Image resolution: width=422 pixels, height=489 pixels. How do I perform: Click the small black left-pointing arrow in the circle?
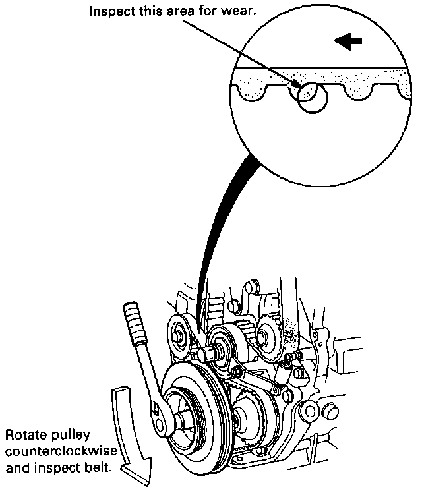pyautogui.click(x=349, y=41)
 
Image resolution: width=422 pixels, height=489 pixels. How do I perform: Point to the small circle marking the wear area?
pyautogui.click(x=311, y=100)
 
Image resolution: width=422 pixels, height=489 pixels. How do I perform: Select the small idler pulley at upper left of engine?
pyautogui.click(x=179, y=332)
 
